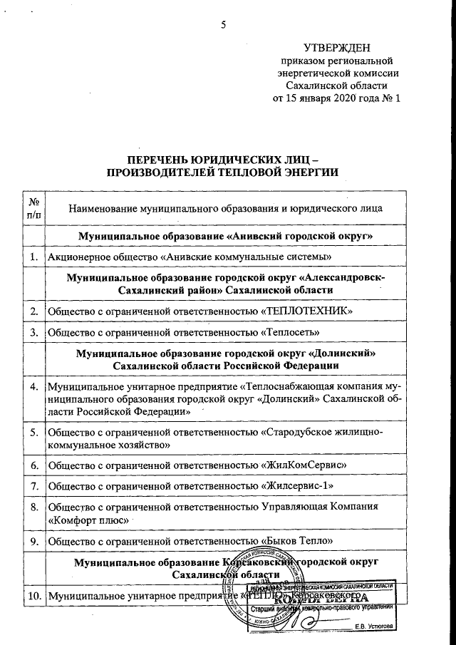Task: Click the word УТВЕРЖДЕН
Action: (x=337, y=48)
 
